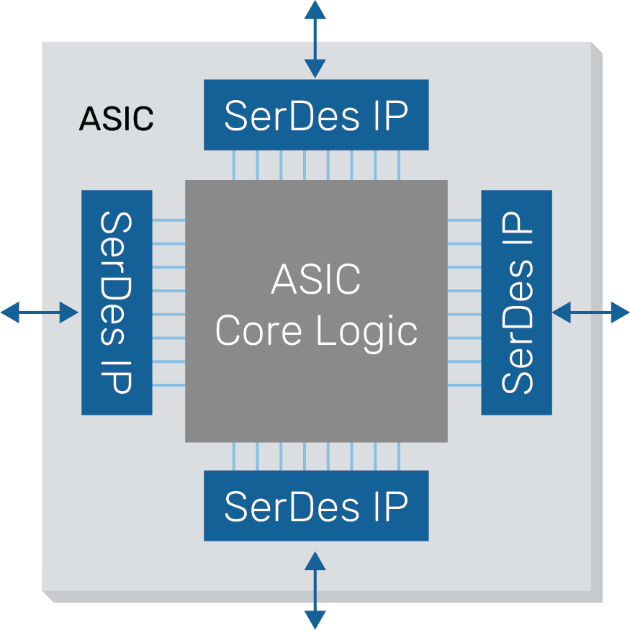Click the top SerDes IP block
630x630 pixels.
tap(316, 114)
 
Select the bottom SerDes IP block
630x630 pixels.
tap(316, 505)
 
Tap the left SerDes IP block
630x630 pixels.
tap(117, 302)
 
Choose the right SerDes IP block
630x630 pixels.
tap(516, 302)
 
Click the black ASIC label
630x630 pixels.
tap(116, 119)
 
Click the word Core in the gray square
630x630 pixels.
tap(260, 332)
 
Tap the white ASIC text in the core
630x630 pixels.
tap(316, 280)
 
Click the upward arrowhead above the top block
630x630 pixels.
tap(315, 9)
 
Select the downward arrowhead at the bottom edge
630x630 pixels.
tap(315, 620)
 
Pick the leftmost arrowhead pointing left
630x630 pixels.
tap(10, 312)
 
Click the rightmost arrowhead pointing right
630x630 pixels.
tap(621, 312)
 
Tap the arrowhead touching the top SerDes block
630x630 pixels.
tap(315, 69)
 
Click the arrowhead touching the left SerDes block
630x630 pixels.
tap(69, 312)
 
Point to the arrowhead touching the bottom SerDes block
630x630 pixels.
tap(315, 561)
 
